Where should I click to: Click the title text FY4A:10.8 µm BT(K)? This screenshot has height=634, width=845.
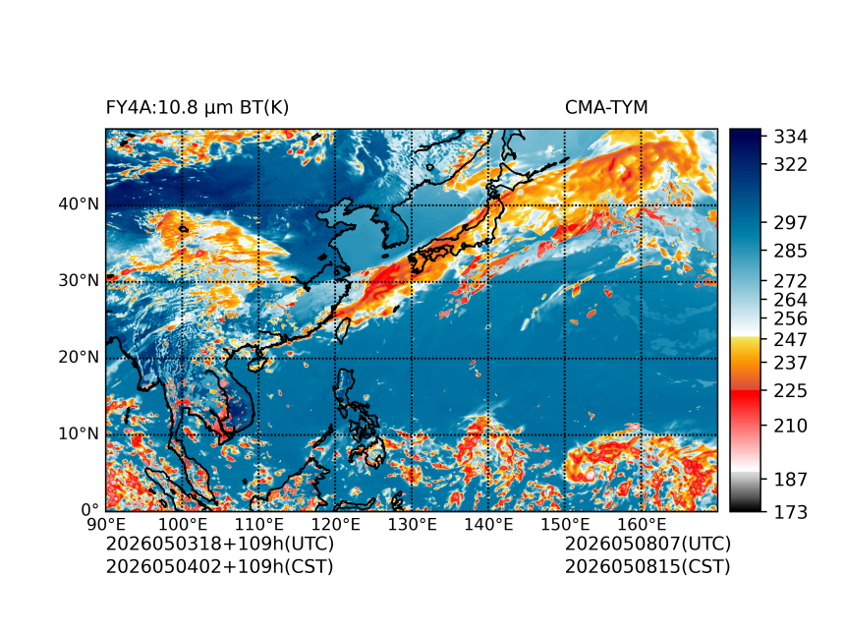tap(197, 108)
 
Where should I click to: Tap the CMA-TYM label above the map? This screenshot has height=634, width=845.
tap(606, 108)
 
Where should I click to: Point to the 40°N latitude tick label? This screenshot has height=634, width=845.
tap(79, 204)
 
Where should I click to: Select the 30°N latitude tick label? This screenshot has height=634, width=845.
tap(79, 281)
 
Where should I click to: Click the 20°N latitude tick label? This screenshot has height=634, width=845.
tap(79, 358)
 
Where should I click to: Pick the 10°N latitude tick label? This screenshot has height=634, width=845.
tap(79, 434)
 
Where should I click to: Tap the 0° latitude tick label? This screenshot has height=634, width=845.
tap(90, 510)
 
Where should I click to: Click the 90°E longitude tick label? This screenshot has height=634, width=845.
tap(106, 524)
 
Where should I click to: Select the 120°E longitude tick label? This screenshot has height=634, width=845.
tap(336, 524)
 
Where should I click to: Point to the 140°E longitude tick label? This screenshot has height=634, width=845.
tap(488, 524)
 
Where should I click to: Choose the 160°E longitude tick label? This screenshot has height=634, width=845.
tap(642, 524)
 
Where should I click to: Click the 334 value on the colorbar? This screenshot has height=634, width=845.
tap(791, 137)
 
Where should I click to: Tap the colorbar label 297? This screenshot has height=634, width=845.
tap(791, 223)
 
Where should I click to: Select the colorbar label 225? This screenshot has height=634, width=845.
tap(791, 390)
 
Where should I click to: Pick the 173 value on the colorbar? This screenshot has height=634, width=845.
tap(791, 512)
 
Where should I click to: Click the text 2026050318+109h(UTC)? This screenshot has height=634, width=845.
tap(220, 544)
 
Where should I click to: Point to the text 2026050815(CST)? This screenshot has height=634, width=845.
tap(648, 567)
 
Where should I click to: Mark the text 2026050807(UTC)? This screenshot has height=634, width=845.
tap(648, 544)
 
